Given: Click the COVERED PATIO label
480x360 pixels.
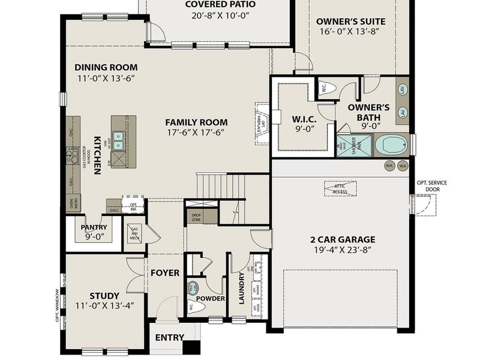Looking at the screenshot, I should [220, 5].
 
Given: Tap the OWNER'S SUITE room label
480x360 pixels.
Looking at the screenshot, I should [351, 22].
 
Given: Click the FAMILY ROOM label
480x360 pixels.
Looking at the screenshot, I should [196, 122].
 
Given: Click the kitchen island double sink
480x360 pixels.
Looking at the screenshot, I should [118, 140].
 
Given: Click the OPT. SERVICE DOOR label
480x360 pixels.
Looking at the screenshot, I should [431, 186].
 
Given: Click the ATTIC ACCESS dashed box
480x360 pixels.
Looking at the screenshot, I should [340, 188].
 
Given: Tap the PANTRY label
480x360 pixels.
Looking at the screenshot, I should [94, 227].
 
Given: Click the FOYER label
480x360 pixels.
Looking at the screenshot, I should [165, 273].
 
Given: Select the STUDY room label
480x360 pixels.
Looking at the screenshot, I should [104, 295].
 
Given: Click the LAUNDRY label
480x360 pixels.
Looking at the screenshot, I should [242, 289].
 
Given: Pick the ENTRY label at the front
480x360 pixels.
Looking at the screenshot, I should [169, 338].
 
